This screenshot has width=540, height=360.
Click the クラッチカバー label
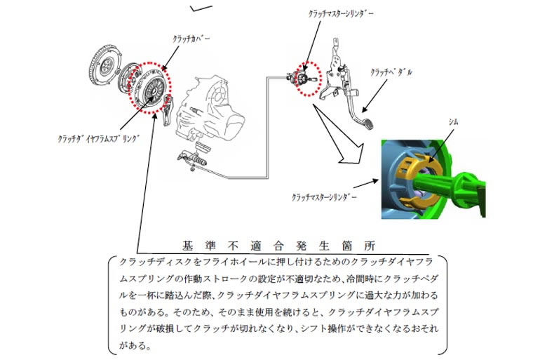click(x=191, y=39)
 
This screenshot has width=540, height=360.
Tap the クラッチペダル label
click(x=391, y=72)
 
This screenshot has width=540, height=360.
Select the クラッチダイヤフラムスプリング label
click(x=98, y=139)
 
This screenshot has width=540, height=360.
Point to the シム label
click(x=453, y=121)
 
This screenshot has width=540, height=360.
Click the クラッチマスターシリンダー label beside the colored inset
click(x=324, y=197)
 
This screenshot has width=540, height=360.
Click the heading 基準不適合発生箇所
click(x=278, y=246)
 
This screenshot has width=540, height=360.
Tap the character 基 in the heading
click(x=187, y=246)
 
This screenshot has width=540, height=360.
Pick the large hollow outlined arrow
click(x=341, y=136)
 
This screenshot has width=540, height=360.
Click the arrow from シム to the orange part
click(x=441, y=144)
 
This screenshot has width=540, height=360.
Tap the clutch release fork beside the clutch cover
click(x=168, y=109)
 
